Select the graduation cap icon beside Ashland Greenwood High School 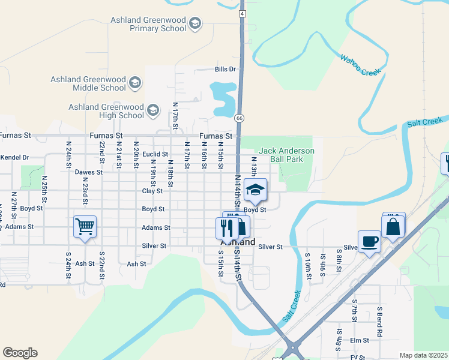[153, 110]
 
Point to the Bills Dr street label [225, 69]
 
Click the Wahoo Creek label [360, 65]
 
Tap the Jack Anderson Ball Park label [286, 155]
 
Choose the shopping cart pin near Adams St [85, 227]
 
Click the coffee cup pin [369, 241]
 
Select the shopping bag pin [394, 227]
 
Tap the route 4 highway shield [242, 13]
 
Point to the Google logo [20, 353]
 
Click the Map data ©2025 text [424, 355]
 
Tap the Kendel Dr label [14, 157]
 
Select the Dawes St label [89, 172]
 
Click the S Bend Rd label [379, 321]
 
